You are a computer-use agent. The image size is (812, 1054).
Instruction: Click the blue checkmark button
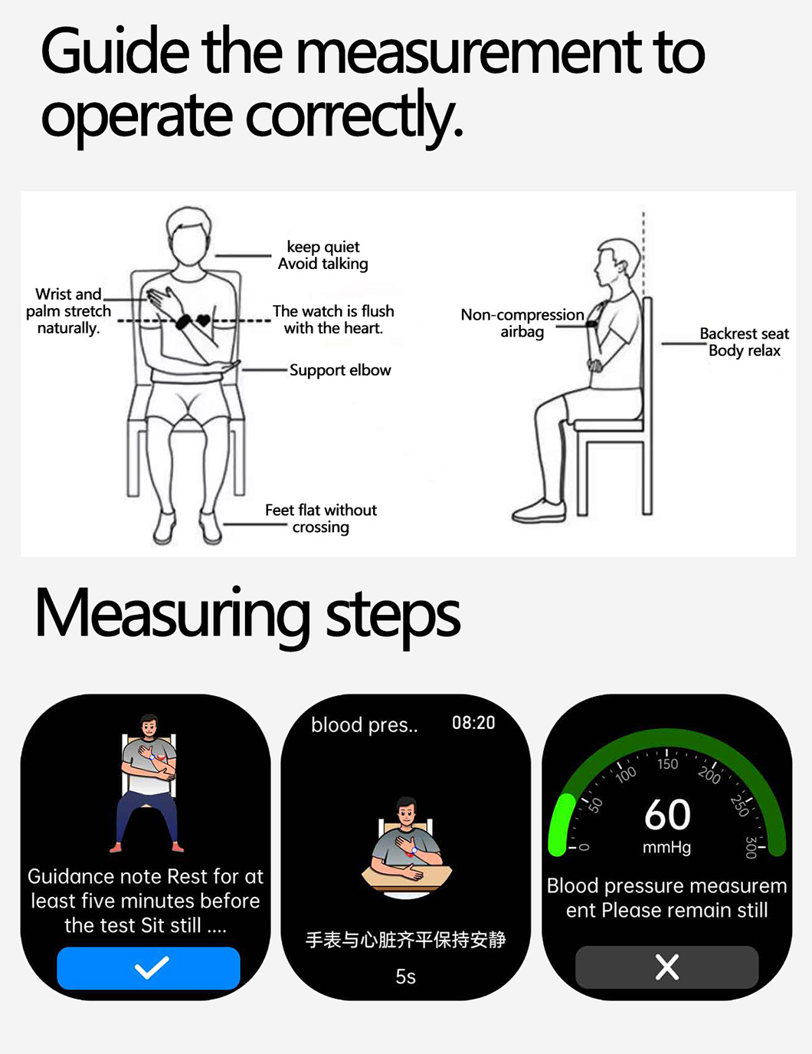[x=149, y=967]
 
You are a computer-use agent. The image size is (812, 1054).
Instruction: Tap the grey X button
[x=666, y=967]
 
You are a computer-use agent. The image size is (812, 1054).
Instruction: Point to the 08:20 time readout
[x=473, y=723]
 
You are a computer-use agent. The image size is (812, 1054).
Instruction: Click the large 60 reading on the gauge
[x=667, y=815]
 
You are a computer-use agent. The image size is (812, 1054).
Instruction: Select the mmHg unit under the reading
[x=666, y=847]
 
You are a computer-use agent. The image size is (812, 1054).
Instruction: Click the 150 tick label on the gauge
[x=667, y=764]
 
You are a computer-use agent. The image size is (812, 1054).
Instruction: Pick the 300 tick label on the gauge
[x=751, y=847]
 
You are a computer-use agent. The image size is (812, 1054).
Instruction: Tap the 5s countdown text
[x=405, y=977]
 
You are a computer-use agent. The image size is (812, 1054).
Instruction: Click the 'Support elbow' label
[x=340, y=370]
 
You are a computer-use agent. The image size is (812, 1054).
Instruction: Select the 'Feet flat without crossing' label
[x=321, y=518]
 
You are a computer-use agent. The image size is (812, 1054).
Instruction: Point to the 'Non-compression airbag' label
[x=522, y=323]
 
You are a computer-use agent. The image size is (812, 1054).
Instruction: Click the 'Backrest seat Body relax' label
[x=744, y=342]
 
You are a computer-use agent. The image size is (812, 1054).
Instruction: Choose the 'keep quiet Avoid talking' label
[x=323, y=255]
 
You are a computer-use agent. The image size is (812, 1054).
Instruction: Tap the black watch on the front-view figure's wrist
[x=184, y=321]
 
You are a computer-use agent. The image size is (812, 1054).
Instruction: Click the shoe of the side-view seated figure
[x=539, y=511]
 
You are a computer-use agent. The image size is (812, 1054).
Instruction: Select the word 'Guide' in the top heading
[x=116, y=51]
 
